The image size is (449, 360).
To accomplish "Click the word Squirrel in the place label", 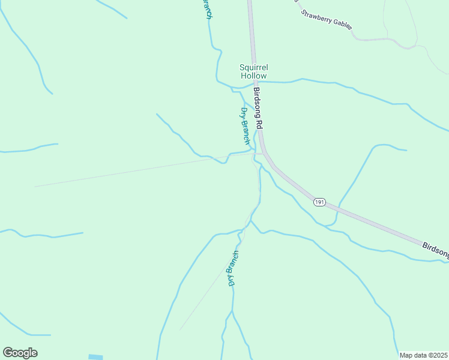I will pos(253,67).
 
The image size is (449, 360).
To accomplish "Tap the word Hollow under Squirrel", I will pos(253,76).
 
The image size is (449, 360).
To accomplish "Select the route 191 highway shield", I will pos(319,203).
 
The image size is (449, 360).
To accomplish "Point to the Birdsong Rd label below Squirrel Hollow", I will pos(259,109).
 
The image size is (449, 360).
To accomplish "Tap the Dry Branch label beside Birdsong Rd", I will pos(245,125).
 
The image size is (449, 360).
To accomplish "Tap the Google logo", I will pos(20,353).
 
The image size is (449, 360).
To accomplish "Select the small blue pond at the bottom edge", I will pos(95,357).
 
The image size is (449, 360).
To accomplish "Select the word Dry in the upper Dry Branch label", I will pos(243,113).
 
